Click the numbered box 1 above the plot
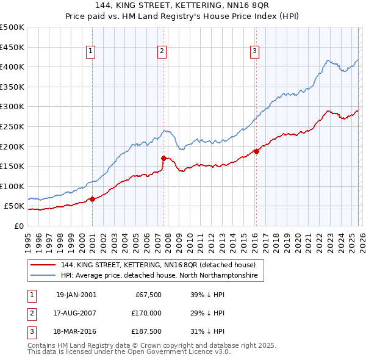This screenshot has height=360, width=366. [x=90, y=52]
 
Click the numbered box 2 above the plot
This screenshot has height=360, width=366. [x=162, y=52]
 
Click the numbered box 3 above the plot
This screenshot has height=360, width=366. [x=254, y=52]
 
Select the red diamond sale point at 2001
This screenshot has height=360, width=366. [x=92, y=198]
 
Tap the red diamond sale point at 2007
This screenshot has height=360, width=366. [x=163, y=158]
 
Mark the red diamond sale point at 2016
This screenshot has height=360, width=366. [x=256, y=151]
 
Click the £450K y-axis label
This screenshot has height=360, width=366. [x=12, y=47]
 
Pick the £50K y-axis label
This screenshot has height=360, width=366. [x=14, y=206]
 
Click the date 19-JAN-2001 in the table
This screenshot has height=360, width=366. [x=76, y=295]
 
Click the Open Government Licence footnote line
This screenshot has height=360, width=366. [x=129, y=352]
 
